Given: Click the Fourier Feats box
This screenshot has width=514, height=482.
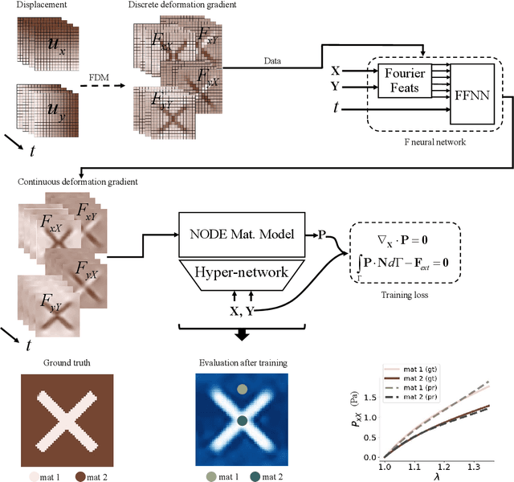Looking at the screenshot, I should [403, 80].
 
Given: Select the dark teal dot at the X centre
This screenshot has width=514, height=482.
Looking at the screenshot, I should [242, 420].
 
